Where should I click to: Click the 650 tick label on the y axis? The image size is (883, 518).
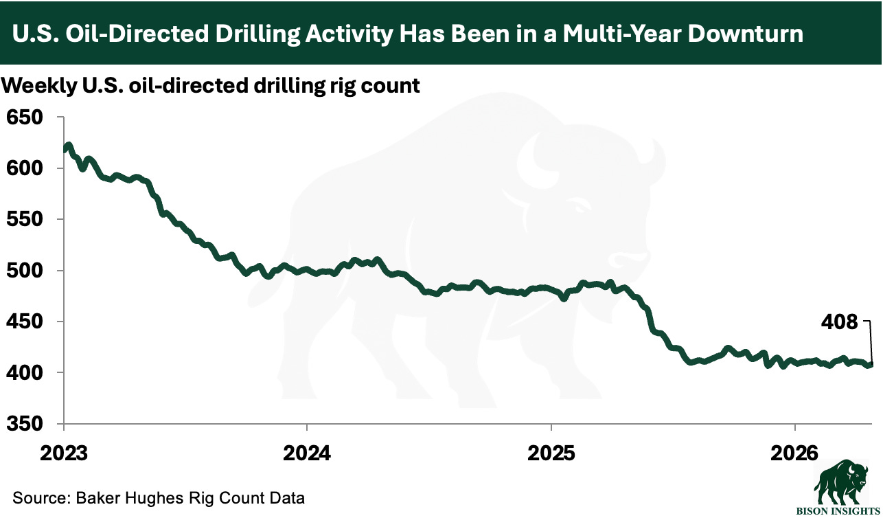[25, 117]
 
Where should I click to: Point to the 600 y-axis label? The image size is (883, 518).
[25, 168]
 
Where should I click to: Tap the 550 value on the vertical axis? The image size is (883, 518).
[25, 219]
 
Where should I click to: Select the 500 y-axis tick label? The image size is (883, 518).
[25, 270]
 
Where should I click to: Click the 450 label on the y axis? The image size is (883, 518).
[25, 321]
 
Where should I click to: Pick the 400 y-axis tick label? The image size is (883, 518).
[25, 372]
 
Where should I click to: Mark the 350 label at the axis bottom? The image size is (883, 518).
[25, 423]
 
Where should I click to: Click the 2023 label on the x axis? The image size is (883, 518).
[64, 453]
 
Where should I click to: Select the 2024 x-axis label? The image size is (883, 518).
[307, 453]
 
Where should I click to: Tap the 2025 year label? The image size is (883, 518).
[551, 453]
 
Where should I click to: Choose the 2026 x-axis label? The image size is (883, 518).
[794, 453]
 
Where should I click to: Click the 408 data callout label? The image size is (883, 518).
[839, 322]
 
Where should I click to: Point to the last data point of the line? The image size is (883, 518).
[871, 365]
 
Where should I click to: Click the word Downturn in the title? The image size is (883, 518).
[746, 33]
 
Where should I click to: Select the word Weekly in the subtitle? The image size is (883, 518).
[39, 86]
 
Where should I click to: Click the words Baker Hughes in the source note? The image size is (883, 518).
[130, 497]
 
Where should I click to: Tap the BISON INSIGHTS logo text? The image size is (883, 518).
[838, 511]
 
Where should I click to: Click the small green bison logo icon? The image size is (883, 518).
[840, 482]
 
